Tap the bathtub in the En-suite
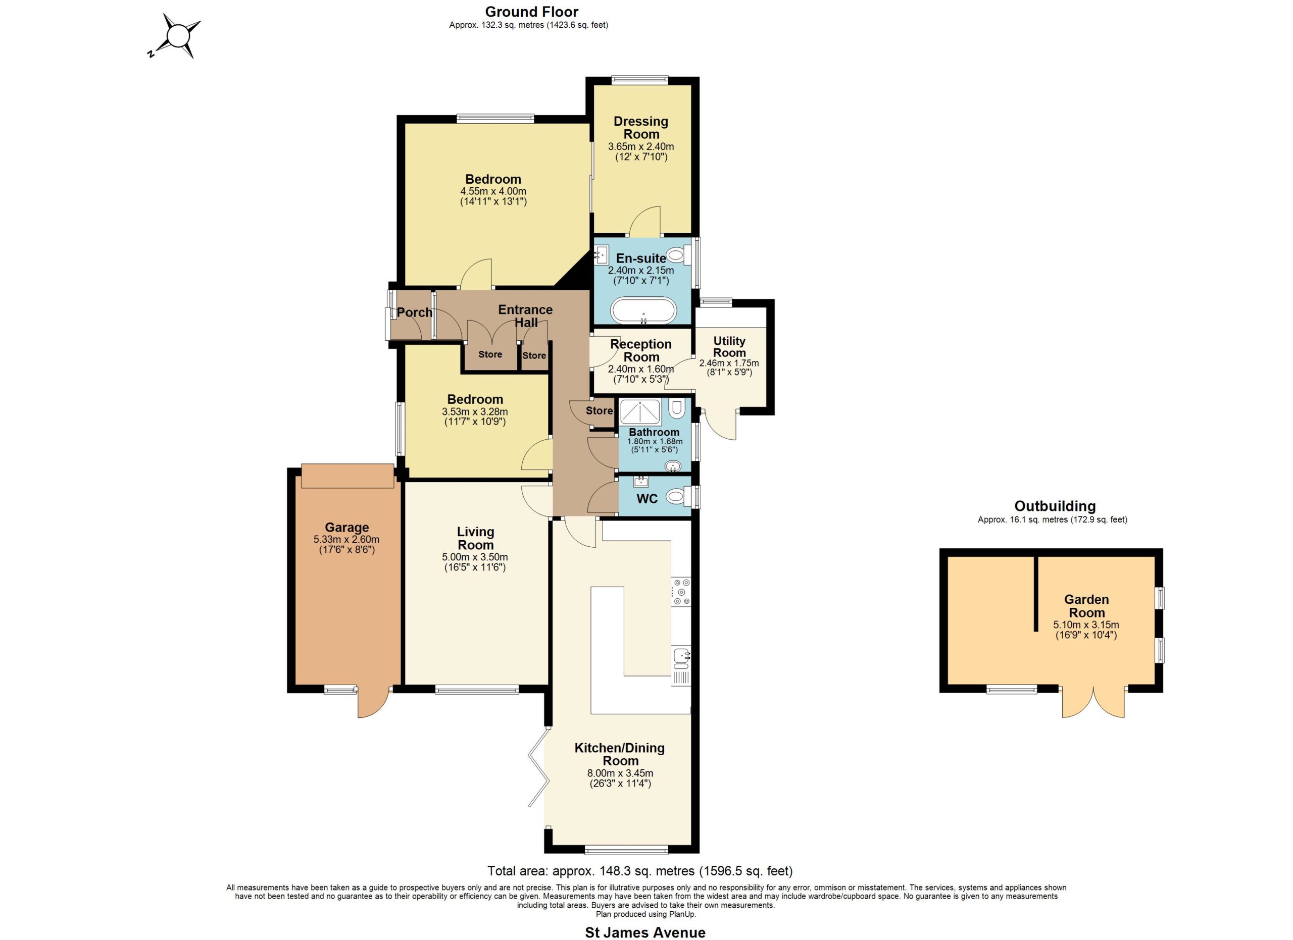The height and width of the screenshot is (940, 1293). (x=643, y=311)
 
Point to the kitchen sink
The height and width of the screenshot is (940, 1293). (x=681, y=657)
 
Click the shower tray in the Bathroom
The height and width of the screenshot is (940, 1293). (x=640, y=412)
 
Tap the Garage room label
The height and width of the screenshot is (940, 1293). (x=346, y=528)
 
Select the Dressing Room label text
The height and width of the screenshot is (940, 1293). (x=641, y=128)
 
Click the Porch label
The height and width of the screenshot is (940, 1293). (x=415, y=312)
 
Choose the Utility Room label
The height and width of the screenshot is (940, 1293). (x=729, y=346)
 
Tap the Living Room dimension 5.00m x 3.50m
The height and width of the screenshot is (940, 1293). (x=475, y=557)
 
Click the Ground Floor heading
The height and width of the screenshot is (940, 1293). (x=531, y=12)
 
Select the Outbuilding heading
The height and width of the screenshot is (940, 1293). (x=1055, y=506)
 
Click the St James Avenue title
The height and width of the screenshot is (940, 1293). (x=645, y=932)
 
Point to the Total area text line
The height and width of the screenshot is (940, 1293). (x=639, y=871)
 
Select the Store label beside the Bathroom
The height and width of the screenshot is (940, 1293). (x=599, y=411)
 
